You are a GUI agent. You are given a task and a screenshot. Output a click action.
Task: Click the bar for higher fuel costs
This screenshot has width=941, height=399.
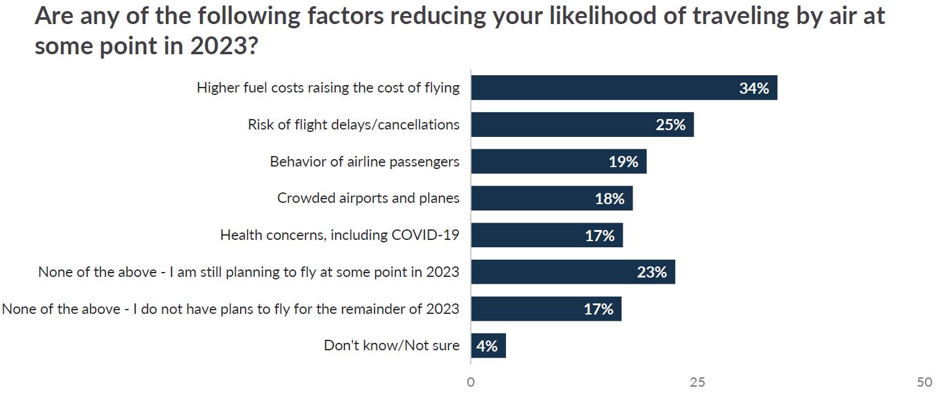pos(623,88)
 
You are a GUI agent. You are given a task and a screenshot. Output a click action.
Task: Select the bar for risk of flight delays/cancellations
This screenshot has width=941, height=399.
pos(582,125)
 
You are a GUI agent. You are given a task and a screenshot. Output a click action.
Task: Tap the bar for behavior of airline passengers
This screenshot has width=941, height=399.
pos(558,162)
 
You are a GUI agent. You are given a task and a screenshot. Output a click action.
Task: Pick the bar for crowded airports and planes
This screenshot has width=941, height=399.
pos(552,199)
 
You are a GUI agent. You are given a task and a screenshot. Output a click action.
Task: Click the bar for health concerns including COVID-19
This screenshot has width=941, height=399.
pos(547,235)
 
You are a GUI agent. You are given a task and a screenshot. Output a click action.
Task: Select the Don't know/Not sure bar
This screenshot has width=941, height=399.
pos(488,346)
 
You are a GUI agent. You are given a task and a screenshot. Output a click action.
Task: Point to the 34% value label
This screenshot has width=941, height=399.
pos(754,88)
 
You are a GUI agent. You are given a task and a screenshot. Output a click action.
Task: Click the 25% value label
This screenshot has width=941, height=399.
pos(671,125)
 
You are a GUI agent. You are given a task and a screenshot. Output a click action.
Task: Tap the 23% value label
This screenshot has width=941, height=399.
pos(652,272)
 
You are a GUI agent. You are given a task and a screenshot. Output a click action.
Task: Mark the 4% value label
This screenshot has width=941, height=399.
pos(487,346)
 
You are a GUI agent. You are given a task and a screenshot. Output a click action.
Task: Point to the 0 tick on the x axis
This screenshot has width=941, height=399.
pos(471,382)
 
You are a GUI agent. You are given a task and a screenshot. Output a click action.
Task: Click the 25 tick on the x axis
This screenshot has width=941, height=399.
pos(697,382)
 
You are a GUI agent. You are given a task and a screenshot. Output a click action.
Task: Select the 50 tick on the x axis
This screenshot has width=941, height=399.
pos(924,382)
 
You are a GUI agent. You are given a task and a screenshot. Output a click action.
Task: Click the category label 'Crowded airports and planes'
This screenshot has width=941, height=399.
pos(368,199)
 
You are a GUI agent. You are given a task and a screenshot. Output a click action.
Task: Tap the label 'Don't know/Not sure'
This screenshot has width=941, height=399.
pos(391,345)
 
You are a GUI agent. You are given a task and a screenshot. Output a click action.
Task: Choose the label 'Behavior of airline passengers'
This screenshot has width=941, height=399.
pos(364,162)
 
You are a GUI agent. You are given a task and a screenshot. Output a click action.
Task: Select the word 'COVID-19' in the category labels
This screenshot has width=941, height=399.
pos(425,235)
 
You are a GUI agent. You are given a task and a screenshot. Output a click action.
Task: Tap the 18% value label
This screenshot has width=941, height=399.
pos(610,199)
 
